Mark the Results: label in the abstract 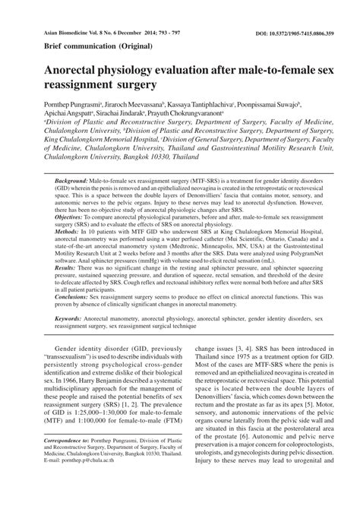click(x=70, y=289)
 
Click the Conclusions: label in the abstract click(x=77, y=318)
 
